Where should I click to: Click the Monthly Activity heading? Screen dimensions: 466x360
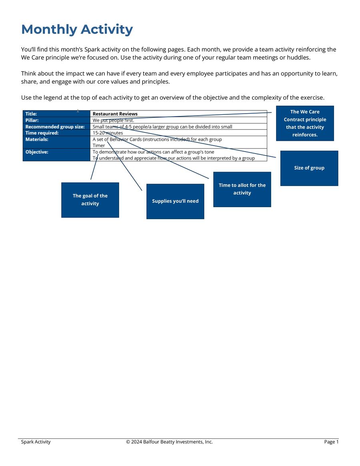(x=77, y=30)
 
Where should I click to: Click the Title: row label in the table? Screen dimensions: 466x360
(x=31, y=114)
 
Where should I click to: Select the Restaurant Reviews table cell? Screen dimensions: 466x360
(x=115, y=114)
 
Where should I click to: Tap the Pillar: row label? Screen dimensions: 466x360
(x=32, y=120)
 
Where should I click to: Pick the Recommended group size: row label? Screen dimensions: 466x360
(x=55, y=127)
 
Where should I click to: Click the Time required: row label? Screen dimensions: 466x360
(x=42, y=133)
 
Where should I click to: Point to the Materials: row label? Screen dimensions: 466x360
(x=37, y=139)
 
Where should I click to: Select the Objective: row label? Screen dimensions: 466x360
(x=37, y=152)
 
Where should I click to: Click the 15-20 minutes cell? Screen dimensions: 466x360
(x=108, y=133)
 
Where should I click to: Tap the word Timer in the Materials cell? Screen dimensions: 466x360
(x=99, y=146)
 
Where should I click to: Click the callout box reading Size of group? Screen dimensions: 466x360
(x=309, y=168)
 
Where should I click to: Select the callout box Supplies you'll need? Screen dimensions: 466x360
(x=175, y=201)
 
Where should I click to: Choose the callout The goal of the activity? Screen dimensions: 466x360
(x=90, y=200)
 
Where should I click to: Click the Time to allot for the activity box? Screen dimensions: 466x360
(x=242, y=189)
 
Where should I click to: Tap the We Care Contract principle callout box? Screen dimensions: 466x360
(x=305, y=123)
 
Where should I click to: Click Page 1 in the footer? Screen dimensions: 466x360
(x=331, y=442)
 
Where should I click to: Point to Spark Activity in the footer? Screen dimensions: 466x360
(x=36, y=442)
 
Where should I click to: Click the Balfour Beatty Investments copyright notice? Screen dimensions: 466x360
(x=169, y=442)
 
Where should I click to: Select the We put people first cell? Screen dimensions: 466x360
(x=114, y=120)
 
